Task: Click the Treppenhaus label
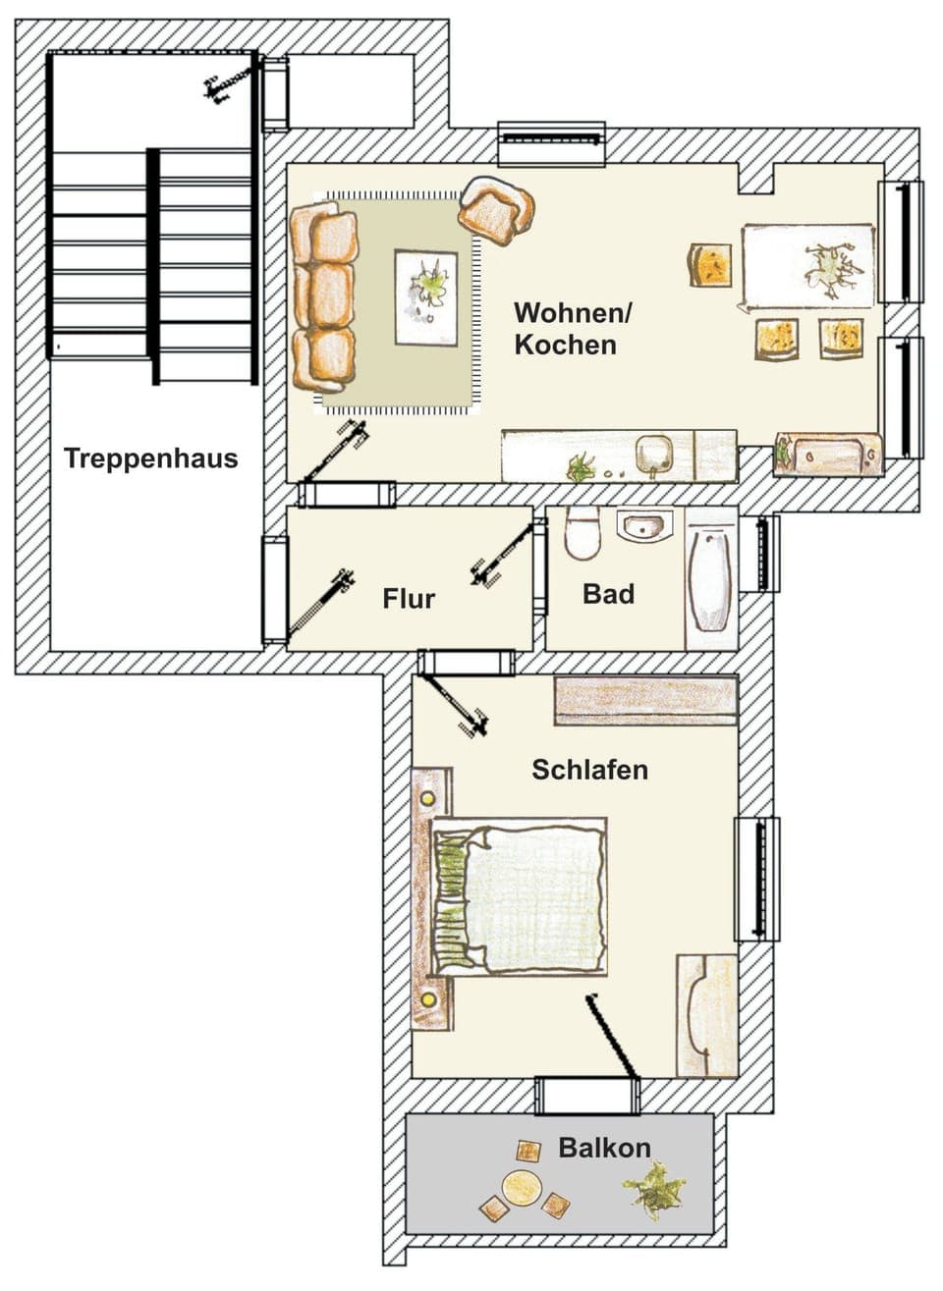150,458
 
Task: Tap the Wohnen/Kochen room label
573,329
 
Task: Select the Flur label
409,598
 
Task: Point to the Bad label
608,594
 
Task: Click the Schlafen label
589,770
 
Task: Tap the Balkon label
604,1148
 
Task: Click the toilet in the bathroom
582,535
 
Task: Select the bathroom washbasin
643,527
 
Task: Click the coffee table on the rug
425,297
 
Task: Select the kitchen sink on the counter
653,455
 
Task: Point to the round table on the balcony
521,1188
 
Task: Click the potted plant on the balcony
654,1190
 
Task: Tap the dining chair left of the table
710,265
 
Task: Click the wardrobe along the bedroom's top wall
645,700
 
